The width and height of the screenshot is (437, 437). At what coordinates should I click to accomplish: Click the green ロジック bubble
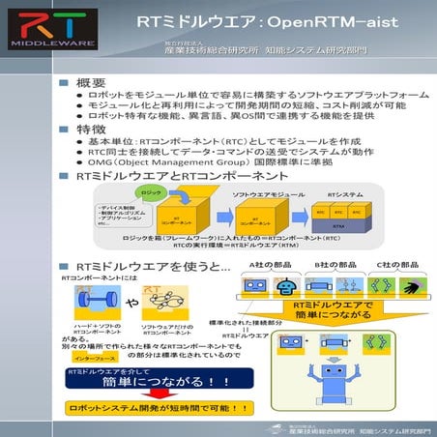tap(150, 194)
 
